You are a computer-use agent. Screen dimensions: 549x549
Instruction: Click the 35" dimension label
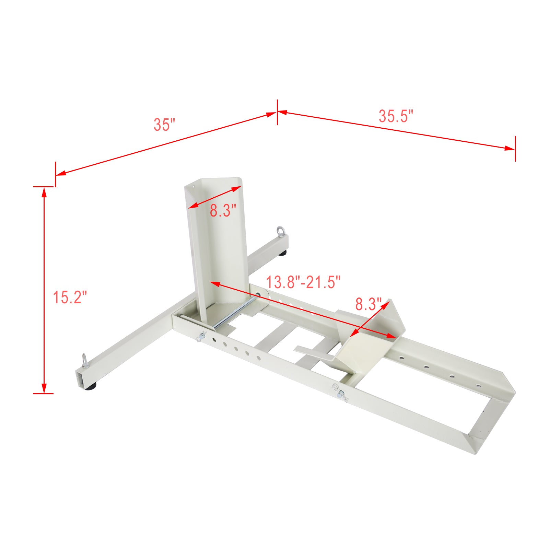(x=164, y=125)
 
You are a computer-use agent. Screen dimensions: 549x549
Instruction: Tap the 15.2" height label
(x=70, y=297)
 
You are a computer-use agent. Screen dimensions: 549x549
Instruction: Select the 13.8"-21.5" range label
(x=303, y=282)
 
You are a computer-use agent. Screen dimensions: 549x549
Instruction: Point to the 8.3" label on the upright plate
(x=223, y=210)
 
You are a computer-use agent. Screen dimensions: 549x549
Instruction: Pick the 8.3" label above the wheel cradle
(x=368, y=304)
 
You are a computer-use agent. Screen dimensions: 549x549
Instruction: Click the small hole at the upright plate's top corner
(x=193, y=187)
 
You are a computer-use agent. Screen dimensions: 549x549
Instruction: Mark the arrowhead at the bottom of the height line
(x=44, y=388)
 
